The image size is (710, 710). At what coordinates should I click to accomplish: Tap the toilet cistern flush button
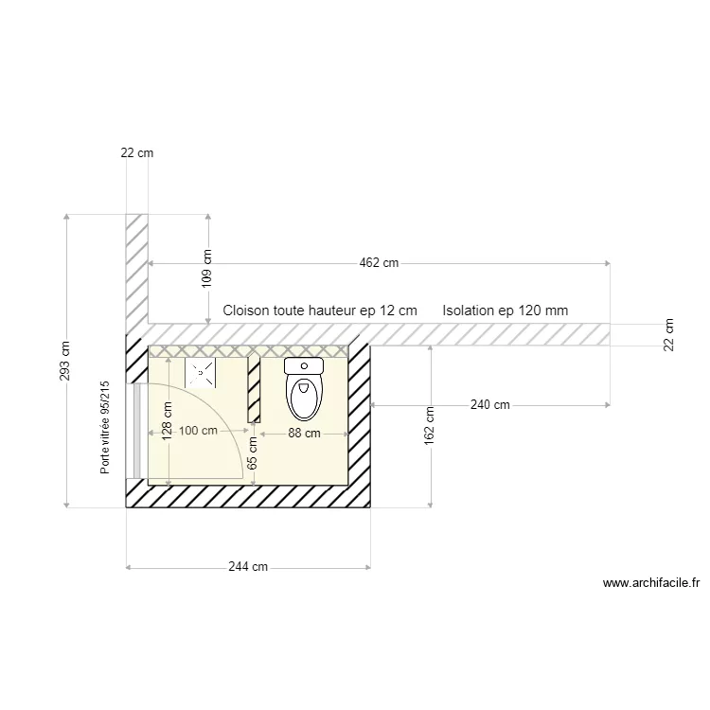click(x=304, y=365)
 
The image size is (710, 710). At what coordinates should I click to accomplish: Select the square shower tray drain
click(x=200, y=373)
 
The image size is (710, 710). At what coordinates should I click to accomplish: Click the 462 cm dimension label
click(x=378, y=263)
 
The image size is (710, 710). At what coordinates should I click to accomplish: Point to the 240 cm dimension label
click(x=489, y=405)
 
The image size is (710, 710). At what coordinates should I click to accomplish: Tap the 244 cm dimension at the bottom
click(x=248, y=567)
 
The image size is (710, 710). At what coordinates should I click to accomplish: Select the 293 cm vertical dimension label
click(x=65, y=361)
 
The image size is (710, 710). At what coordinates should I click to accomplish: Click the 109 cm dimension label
click(x=208, y=268)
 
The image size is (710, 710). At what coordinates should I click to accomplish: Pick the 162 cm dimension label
click(x=431, y=425)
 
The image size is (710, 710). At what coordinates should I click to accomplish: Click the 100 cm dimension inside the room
click(x=198, y=432)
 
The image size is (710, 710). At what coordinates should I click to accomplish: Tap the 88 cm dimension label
click(x=304, y=434)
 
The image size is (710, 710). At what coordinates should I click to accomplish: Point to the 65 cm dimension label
click(x=253, y=453)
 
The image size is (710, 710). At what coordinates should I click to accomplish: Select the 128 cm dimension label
click(x=168, y=421)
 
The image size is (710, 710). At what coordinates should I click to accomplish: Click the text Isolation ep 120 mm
click(x=505, y=310)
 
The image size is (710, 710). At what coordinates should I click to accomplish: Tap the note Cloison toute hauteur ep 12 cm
click(x=319, y=310)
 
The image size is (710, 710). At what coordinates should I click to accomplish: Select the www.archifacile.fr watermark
click(x=651, y=584)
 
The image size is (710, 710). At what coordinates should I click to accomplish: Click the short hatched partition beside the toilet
click(x=254, y=389)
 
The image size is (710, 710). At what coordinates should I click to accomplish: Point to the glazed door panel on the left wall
click(x=138, y=431)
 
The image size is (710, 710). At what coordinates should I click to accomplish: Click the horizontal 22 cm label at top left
click(x=136, y=152)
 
